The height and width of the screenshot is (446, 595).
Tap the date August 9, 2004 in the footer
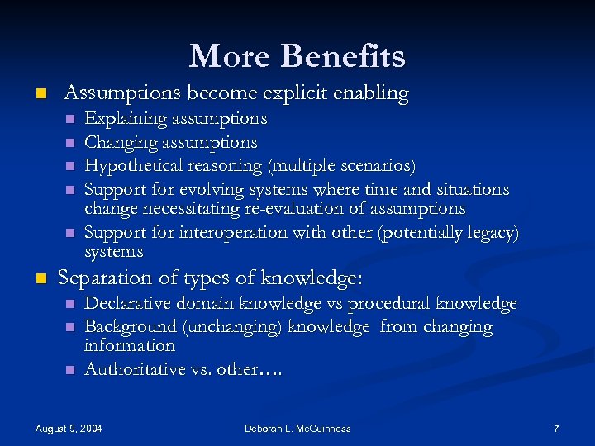[x=69, y=428]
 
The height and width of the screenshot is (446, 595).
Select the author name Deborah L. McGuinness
[x=297, y=428]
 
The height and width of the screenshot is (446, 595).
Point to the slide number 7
[x=556, y=428]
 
